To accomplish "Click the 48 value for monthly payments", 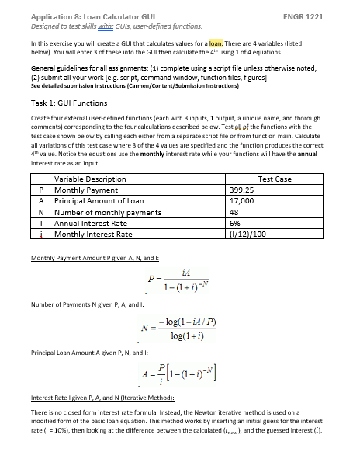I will tap(237, 211).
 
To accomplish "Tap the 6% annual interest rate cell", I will tap(237, 222).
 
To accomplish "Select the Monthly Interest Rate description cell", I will tap(93, 234).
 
